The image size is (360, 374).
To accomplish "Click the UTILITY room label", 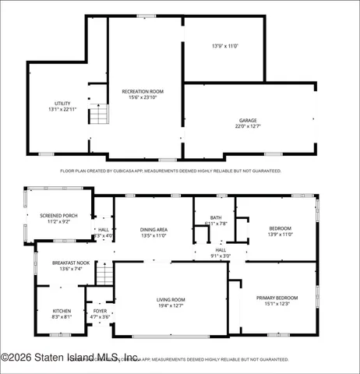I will coord(62,103).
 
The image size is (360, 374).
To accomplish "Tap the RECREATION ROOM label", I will coord(141,91).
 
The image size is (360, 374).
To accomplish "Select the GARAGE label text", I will coord(247,120).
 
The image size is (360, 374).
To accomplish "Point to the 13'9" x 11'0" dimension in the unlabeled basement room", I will coord(224,46).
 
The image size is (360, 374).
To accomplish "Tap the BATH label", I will coord(216,217).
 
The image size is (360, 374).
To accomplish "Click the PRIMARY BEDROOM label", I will coord(277,298).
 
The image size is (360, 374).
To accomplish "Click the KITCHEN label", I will coord(62,311).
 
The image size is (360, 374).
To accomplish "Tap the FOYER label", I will coord(100,312).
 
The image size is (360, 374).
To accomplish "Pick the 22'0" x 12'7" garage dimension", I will coord(247,126).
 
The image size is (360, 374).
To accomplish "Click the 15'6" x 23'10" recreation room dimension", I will coord(141,97).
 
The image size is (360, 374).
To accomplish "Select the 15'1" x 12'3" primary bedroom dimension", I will coord(277,304).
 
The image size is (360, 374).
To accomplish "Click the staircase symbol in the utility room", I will coord(96,115).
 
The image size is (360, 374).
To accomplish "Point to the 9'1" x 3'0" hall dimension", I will coord(221,256).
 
